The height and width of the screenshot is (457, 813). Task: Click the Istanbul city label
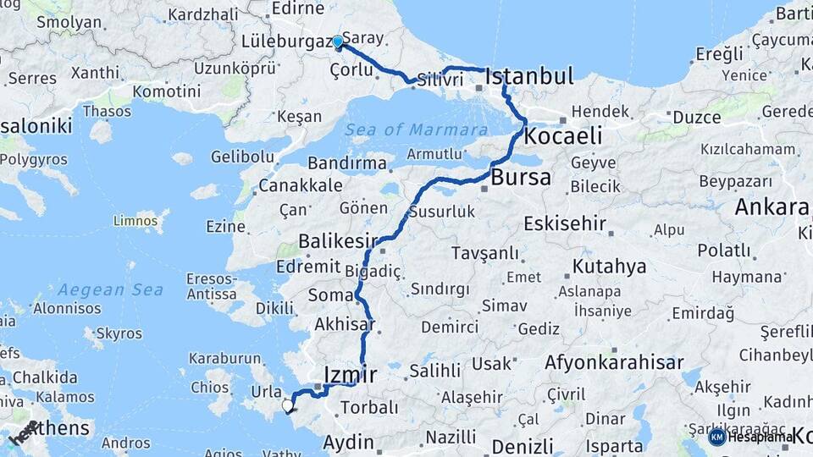(529, 76)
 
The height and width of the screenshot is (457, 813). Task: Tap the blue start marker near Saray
(338, 41)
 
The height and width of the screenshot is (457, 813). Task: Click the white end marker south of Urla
(287, 406)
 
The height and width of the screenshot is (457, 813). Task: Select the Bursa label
(521, 178)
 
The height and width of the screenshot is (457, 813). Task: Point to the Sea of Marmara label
(417, 130)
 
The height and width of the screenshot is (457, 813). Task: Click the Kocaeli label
(563, 135)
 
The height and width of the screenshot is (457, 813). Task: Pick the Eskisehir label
(565, 223)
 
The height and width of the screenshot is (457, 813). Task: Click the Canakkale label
(301, 185)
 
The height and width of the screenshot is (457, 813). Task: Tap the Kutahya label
(609, 267)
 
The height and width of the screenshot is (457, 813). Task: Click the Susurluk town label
(441, 212)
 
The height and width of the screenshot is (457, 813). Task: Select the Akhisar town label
(345, 324)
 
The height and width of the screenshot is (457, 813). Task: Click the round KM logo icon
(716, 437)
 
